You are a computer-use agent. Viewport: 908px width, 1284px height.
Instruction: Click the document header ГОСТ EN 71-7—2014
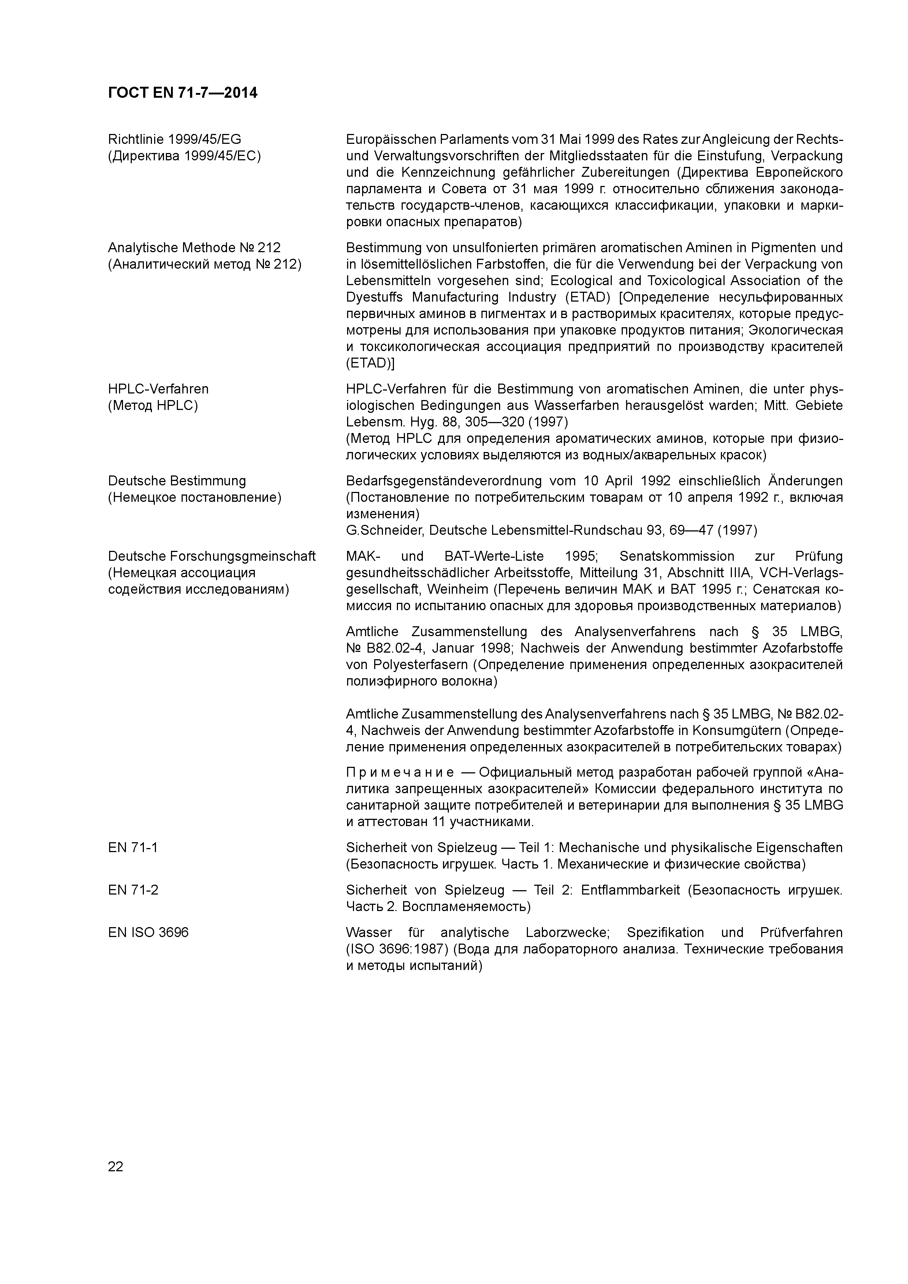click(182, 93)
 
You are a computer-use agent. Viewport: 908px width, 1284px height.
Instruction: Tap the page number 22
click(115, 1167)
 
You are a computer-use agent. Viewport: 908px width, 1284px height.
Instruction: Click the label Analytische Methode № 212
click(194, 248)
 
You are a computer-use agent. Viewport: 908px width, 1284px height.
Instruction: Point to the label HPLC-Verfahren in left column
click(158, 389)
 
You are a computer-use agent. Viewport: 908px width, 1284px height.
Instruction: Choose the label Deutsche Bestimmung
click(177, 481)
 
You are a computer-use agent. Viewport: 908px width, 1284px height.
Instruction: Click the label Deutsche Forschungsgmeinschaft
click(212, 556)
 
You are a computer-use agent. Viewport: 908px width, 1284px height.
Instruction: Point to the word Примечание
click(400, 773)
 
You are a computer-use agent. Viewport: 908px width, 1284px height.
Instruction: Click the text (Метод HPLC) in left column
click(153, 406)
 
